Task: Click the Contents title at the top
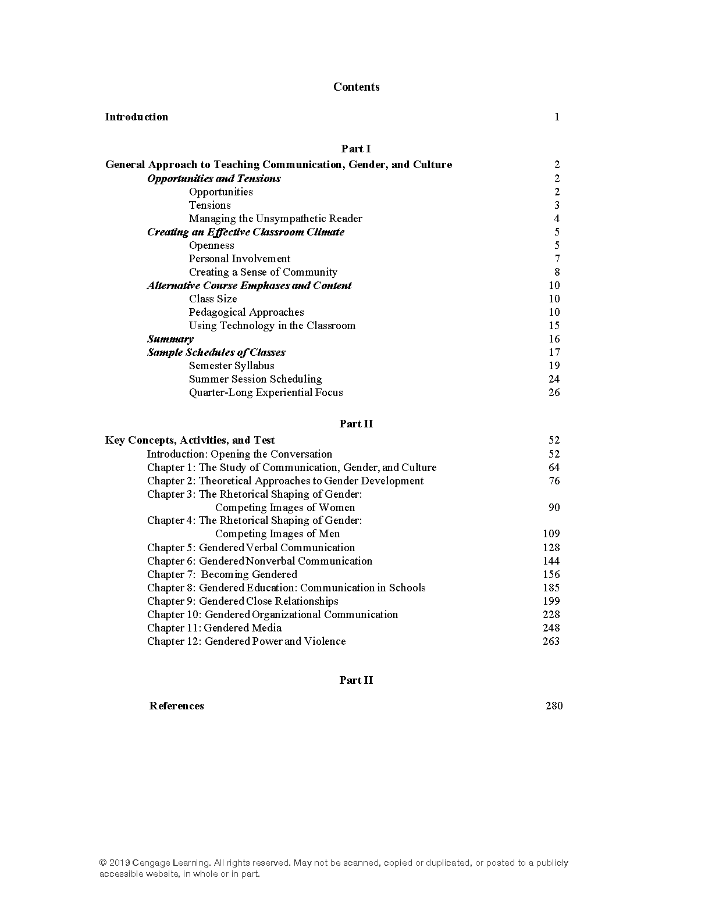pyautogui.click(x=356, y=87)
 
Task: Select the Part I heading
pyautogui.click(x=356, y=149)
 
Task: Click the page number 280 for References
pyautogui.click(x=554, y=706)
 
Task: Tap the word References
pyautogui.click(x=176, y=706)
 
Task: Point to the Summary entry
pyautogui.click(x=170, y=339)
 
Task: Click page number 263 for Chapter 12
pyautogui.click(x=551, y=641)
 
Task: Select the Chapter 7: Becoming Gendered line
pyautogui.click(x=222, y=574)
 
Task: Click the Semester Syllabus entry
pyautogui.click(x=232, y=366)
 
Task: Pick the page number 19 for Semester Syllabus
pyautogui.click(x=554, y=366)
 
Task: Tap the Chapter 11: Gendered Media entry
pyautogui.click(x=214, y=628)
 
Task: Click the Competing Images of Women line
pyautogui.click(x=284, y=508)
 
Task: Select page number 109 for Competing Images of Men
pyautogui.click(x=551, y=534)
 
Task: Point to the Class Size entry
pyautogui.click(x=213, y=299)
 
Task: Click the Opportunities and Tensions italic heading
pyautogui.click(x=213, y=179)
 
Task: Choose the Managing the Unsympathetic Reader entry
pyautogui.click(x=275, y=219)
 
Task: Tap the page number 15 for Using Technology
pyautogui.click(x=554, y=326)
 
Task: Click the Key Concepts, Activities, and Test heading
pyautogui.click(x=190, y=440)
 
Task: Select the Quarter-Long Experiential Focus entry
pyautogui.click(x=266, y=392)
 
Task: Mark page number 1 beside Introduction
pyautogui.click(x=557, y=117)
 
